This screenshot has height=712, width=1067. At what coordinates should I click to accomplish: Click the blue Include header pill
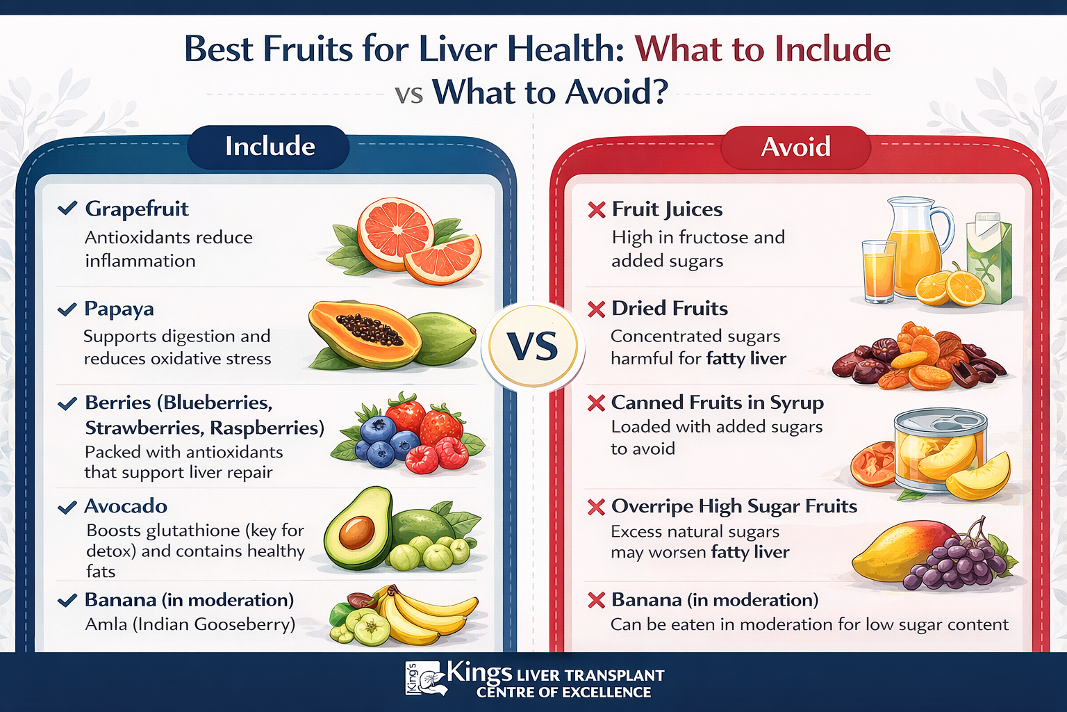point(269,147)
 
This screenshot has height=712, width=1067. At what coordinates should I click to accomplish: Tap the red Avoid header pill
point(795,147)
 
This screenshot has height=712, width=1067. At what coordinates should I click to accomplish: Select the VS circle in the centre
point(533,346)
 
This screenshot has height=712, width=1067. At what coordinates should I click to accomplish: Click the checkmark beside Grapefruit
point(67,208)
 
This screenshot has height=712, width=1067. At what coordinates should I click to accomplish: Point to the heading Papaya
point(119,308)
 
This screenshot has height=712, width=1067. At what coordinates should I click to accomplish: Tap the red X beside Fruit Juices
point(596,209)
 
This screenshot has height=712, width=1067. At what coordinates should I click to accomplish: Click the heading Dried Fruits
point(670,308)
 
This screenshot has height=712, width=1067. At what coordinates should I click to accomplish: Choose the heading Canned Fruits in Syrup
point(717,403)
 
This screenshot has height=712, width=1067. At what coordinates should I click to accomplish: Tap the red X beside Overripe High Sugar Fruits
point(596,507)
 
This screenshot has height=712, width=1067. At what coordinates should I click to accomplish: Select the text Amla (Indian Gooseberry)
point(190,624)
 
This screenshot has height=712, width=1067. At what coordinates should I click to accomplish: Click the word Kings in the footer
point(479,672)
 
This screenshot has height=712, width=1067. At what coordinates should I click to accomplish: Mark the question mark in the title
point(658,92)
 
